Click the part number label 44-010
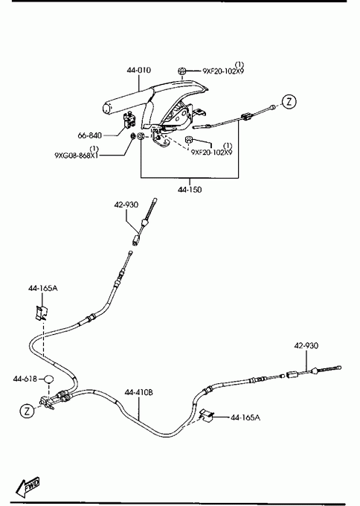pyautogui.click(x=138, y=70)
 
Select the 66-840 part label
pyautogui.click(x=90, y=135)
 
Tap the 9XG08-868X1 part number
pyautogui.click(x=77, y=156)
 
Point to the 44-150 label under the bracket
pyautogui.click(x=190, y=190)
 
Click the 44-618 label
pyautogui.click(x=25, y=379)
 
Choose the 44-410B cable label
pyautogui.click(x=138, y=392)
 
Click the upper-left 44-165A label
pyautogui.click(x=43, y=288)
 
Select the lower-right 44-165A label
pyautogui.click(x=245, y=417)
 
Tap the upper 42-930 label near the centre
pyautogui.click(x=126, y=205)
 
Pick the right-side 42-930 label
pyautogui.click(x=306, y=345)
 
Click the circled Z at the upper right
pyautogui.click(x=289, y=102)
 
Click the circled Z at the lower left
pyautogui.click(x=27, y=411)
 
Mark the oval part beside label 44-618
pyautogui.click(x=48, y=379)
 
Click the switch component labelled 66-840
pyautogui.click(x=130, y=120)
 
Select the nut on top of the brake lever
pyautogui.click(x=182, y=71)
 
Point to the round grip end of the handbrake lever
pyautogui.click(x=108, y=109)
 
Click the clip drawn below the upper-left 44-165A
pyautogui.click(x=42, y=313)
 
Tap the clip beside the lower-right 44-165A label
pyautogui.click(x=205, y=415)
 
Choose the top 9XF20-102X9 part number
pyautogui.click(x=223, y=71)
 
